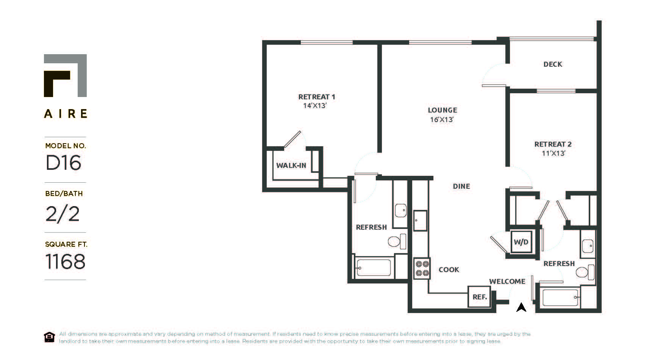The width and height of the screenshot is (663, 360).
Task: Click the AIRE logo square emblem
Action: click(x=65, y=75)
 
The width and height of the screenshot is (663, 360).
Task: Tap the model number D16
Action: click(x=63, y=163)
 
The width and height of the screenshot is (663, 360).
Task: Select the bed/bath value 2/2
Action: click(x=63, y=214)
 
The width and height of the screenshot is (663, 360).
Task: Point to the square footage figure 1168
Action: click(x=65, y=261)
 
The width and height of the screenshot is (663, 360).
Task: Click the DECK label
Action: click(x=553, y=64)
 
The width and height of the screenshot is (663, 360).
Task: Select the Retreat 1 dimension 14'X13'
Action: click(x=314, y=106)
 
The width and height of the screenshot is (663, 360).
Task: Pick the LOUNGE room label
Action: click(x=442, y=110)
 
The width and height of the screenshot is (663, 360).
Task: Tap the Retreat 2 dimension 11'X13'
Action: click(x=553, y=153)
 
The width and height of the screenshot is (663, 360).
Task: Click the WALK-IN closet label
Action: click(x=291, y=166)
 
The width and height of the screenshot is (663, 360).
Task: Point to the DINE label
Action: click(x=461, y=186)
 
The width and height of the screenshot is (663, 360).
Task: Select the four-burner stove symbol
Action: click(x=422, y=268)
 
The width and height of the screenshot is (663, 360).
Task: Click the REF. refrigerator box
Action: click(x=480, y=297)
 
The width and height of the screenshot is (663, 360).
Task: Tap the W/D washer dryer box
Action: click(x=521, y=242)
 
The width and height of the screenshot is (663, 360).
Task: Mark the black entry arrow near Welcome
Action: click(x=521, y=307)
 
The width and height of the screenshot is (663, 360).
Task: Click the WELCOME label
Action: click(x=507, y=282)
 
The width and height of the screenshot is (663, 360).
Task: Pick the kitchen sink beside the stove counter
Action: click(x=420, y=221)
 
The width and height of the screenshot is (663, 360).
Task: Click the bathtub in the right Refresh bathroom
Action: click(x=560, y=297)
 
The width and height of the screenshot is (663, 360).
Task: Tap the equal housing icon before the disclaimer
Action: click(x=49, y=337)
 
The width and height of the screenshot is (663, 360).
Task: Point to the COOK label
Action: click(x=449, y=270)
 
